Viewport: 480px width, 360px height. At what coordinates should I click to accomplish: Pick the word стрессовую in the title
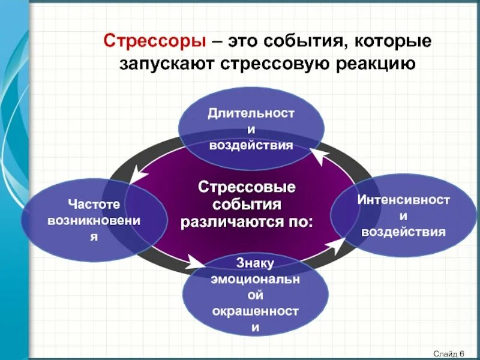click(x=275, y=64)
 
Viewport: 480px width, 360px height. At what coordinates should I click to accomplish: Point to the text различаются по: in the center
click(x=247, y=221)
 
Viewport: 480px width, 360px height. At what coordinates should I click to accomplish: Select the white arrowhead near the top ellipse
click(x=318, y=158)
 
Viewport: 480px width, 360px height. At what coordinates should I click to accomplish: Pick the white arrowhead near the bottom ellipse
click(x=195, y=262)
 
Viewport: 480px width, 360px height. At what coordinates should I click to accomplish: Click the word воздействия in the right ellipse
click(x=404, y=232)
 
